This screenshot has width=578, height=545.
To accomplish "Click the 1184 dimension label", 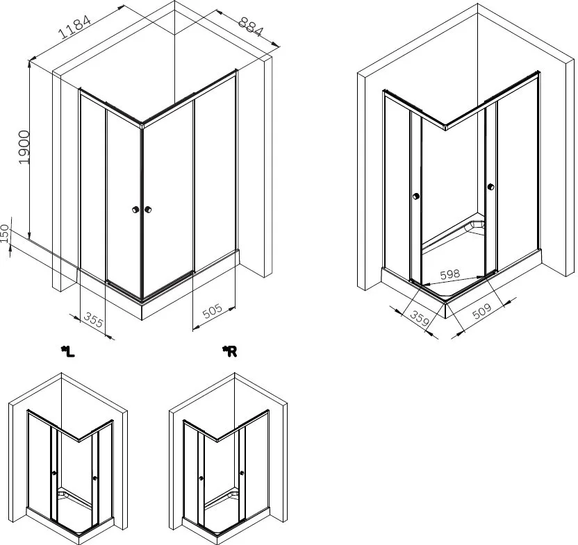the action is [74, 27].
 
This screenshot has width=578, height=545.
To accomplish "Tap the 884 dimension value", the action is [251, 27].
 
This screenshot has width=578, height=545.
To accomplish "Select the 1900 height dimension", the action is [24, 147].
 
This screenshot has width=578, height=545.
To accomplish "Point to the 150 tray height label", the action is [4, 233].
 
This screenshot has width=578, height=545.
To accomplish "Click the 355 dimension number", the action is [94, 319].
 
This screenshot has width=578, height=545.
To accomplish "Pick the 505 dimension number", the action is [213, 311].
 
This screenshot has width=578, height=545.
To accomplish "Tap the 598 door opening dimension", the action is [450, 274].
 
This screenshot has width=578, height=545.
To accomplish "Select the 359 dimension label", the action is [420, 319].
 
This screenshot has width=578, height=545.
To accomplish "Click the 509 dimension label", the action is [482, 311].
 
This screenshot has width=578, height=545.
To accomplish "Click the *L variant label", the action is [68, 351].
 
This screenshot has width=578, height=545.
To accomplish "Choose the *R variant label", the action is [229, 351].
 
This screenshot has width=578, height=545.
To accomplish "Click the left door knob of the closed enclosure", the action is [135, 210].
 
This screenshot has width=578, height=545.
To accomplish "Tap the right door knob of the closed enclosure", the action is [148, 210].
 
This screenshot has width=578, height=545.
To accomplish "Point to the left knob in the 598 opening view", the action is [416, 196].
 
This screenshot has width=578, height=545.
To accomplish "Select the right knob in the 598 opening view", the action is [490, 187].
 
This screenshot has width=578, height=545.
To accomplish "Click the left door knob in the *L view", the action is [54, 473].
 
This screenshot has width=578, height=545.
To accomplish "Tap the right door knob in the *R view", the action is [242, 473].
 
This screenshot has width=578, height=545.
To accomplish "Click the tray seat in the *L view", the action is [63, 492].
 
